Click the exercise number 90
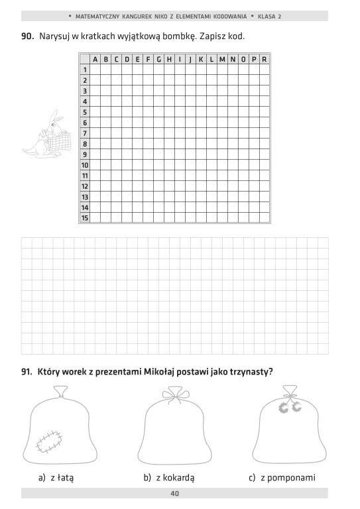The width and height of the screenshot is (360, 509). [27, 35]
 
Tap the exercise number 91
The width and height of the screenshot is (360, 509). [27, 372]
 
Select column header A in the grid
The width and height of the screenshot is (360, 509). [95, 59]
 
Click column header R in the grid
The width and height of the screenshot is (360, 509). [265, 59]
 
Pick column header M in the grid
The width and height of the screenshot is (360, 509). [222, 59]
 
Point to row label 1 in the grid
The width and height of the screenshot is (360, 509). [85, 70]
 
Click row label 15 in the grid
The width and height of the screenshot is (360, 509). [85, 217]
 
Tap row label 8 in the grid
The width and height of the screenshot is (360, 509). [85, 143]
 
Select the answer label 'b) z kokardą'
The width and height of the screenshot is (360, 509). [173, 477]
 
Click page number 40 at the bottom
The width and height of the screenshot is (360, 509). [174, 493]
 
